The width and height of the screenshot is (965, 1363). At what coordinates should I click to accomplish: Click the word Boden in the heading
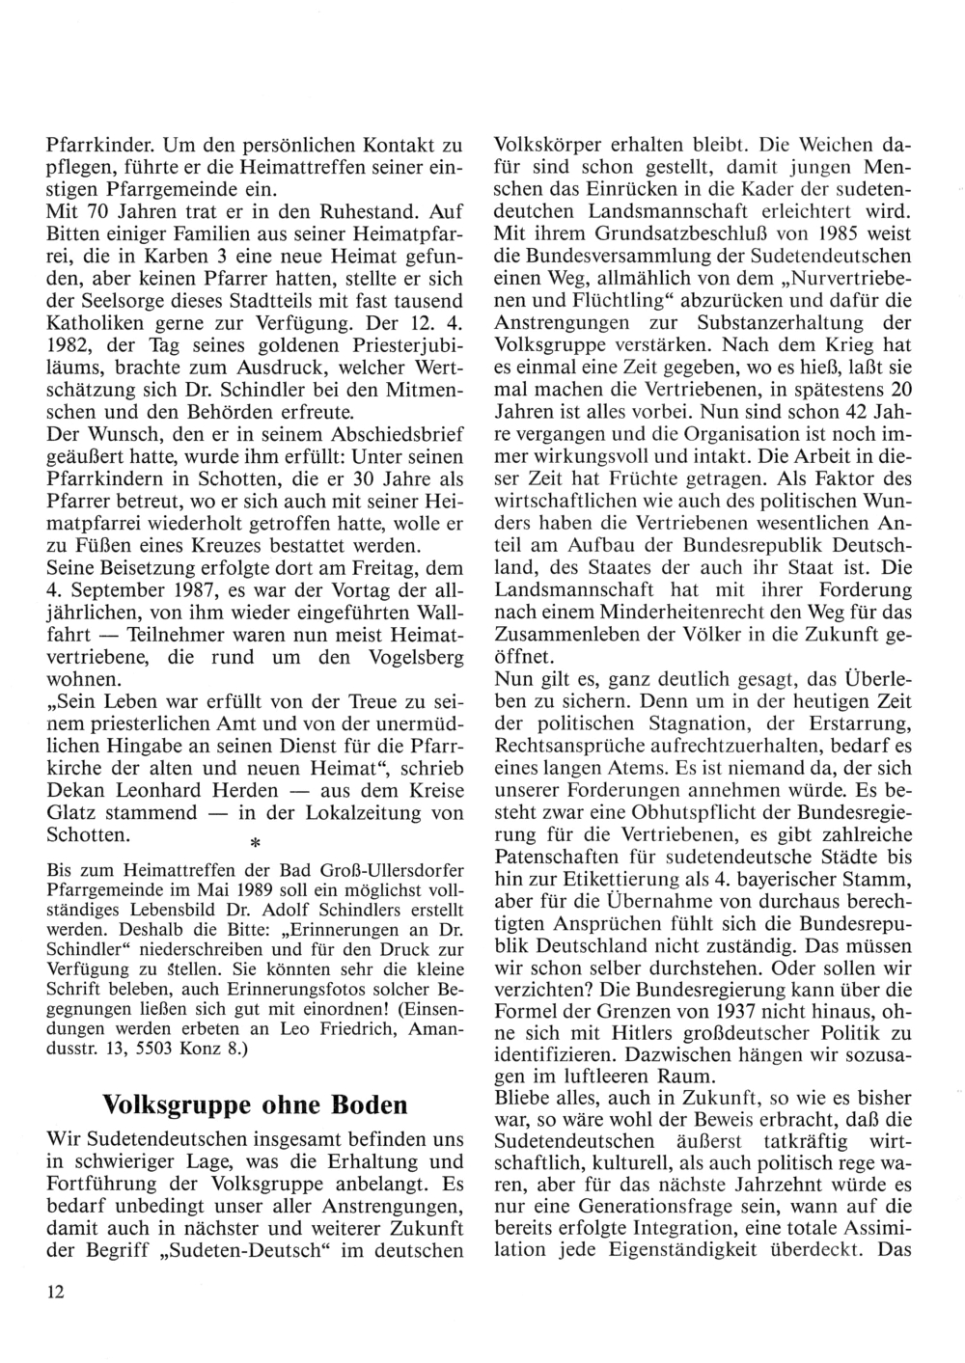[x=372, y=1104]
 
